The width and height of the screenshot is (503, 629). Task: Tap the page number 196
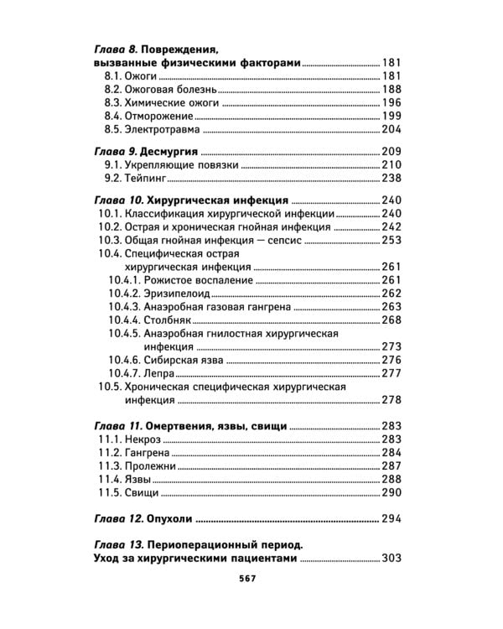point(392,102)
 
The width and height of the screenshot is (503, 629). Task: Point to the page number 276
point(392,360)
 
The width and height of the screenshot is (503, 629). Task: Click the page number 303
point(392,559)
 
